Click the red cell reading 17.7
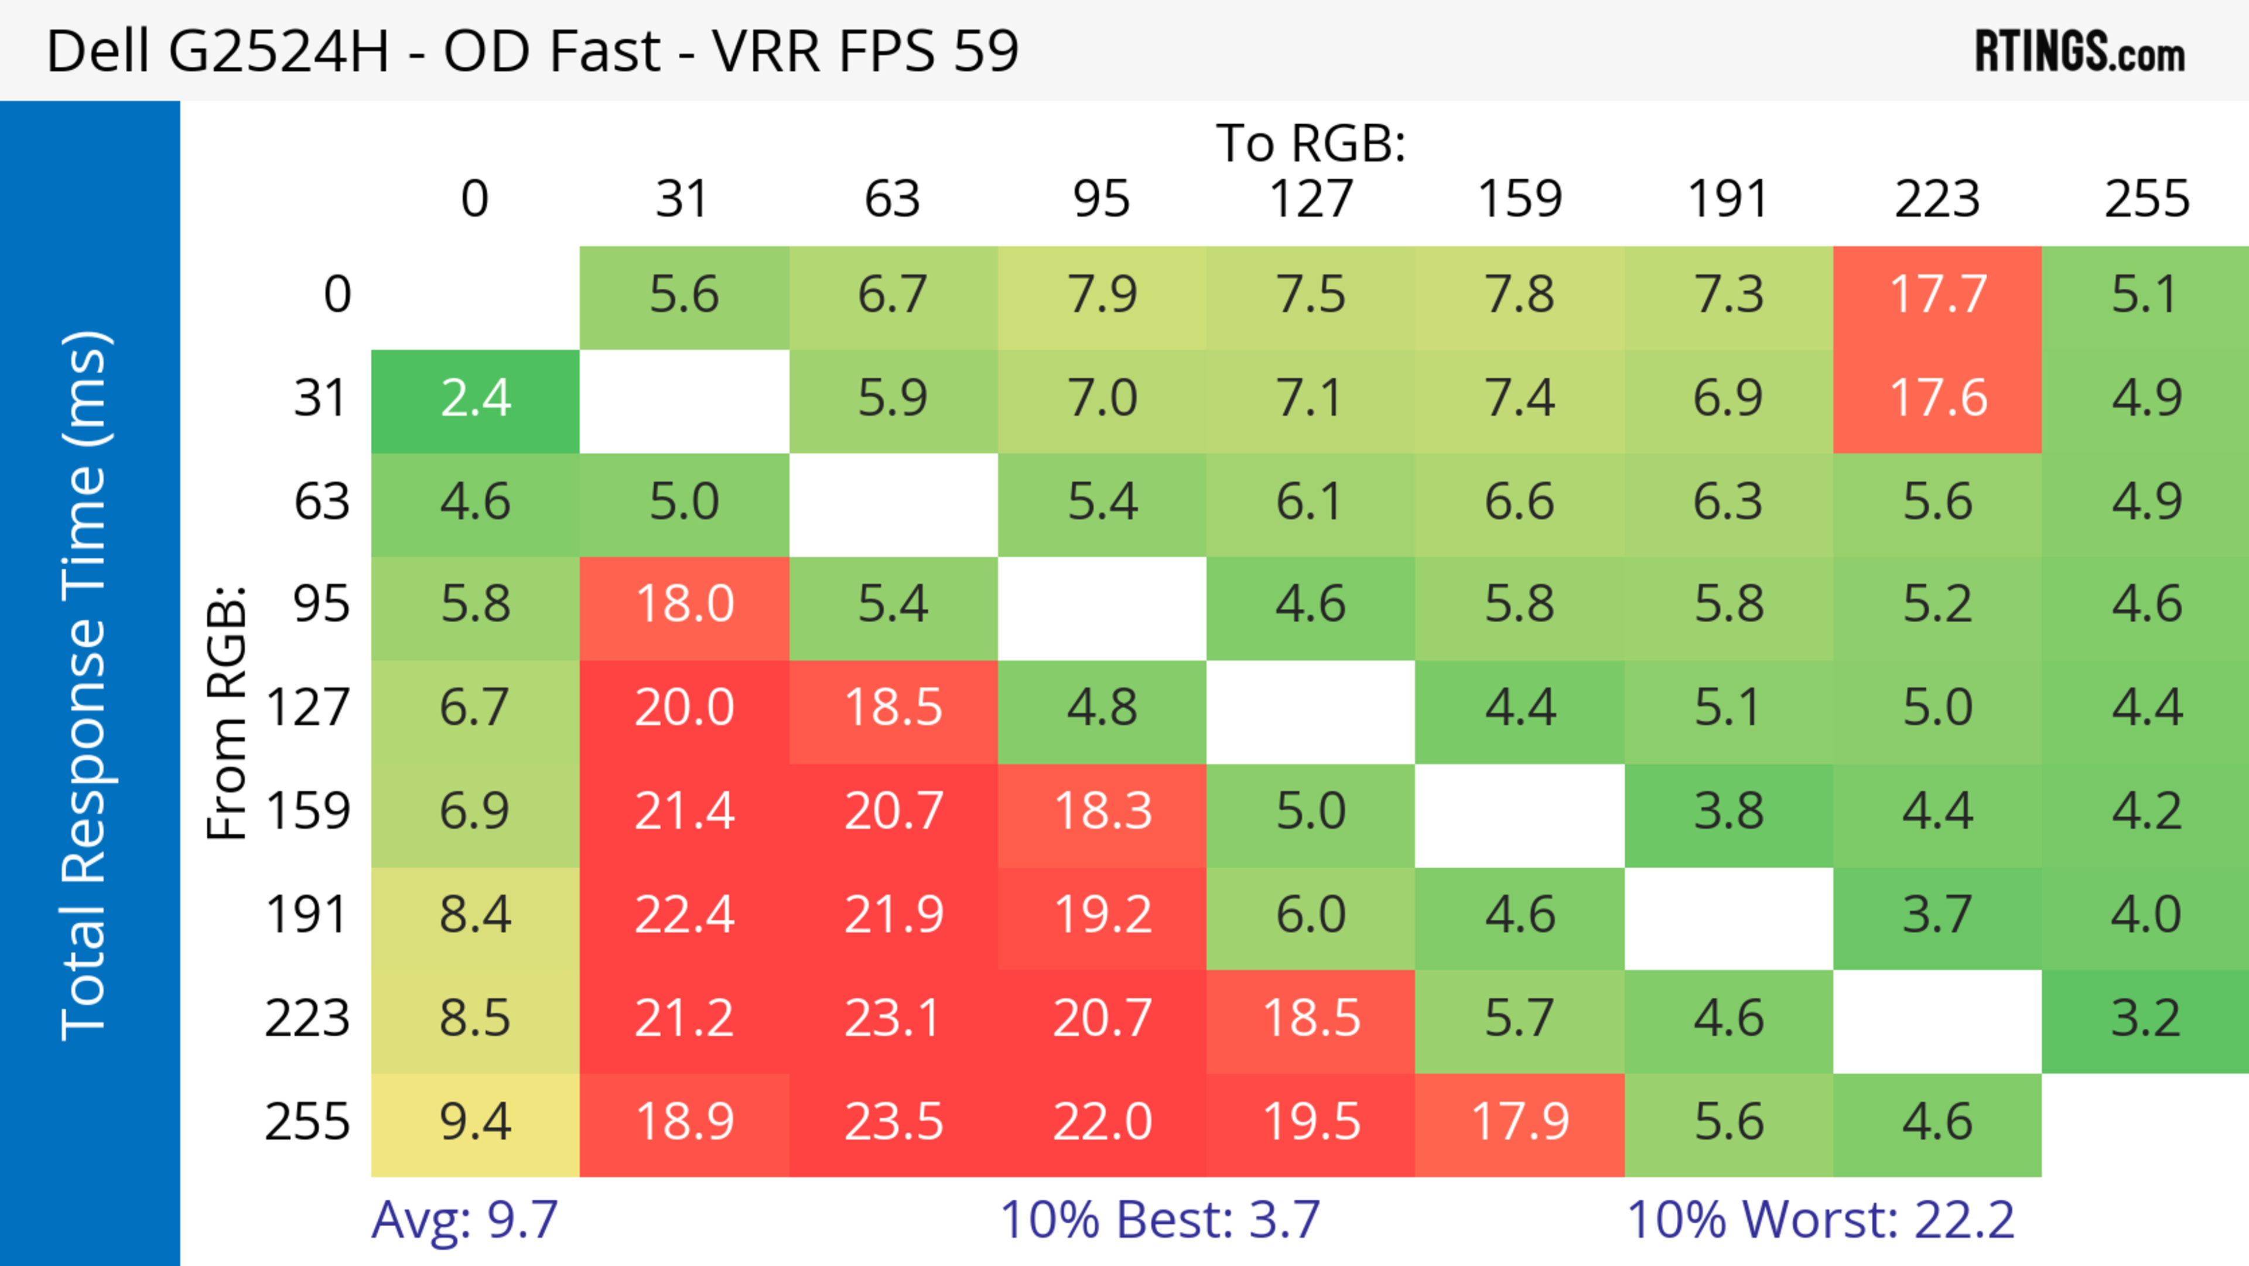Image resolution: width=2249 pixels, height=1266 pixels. pyautogui.click(x=1937, y=296)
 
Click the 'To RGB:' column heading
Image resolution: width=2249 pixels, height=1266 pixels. pyautogui.click(x=1311, y=143)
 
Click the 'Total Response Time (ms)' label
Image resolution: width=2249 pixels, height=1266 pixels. pyautogui.click(x=86, y=685)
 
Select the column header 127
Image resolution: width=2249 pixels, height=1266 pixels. pyautogui.click(x=1311, y=200)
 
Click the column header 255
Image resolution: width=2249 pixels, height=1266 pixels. pyautogui.click(x=2146, y=200)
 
